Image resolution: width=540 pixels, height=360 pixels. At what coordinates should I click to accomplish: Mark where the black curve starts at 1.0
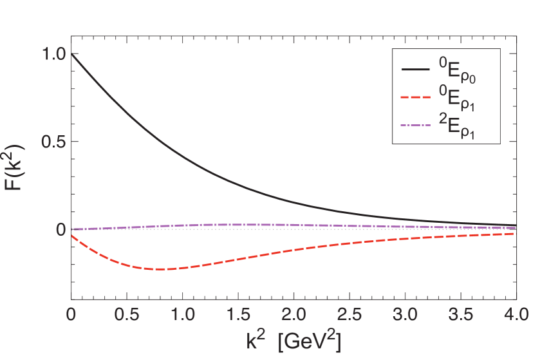click(x=71, y=54)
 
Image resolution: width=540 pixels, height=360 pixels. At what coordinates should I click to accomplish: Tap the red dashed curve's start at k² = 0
click(x=72, y=236)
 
